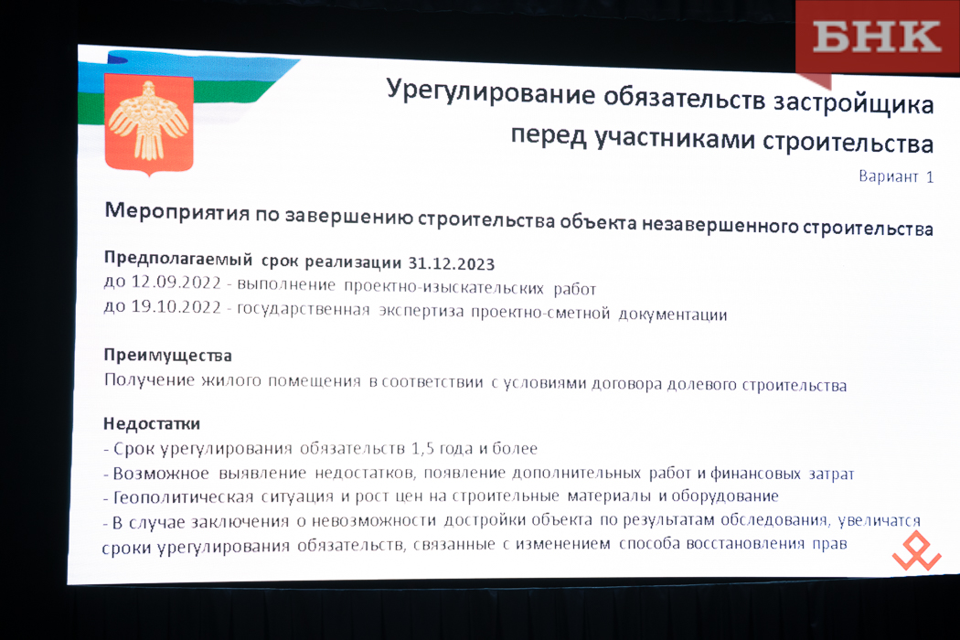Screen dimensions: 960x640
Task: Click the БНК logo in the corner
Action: (877, 37)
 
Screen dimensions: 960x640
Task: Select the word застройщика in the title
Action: (853, 104)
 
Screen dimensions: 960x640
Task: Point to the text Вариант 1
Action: (896, 177)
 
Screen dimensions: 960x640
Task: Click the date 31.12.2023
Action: (452, 263)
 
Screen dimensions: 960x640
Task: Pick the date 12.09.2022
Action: (176, 283)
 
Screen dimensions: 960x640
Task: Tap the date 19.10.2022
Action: (176, 306)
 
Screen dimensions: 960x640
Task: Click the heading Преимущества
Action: (167, 356)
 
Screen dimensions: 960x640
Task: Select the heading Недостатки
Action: (151, 423)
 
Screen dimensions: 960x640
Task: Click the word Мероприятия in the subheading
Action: (177, 212)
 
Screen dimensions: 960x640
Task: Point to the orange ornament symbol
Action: (916, 550)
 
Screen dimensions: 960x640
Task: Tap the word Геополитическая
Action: (183, 497)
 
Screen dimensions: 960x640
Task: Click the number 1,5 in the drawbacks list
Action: (423, 449)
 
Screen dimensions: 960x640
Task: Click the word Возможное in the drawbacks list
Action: (162, 474)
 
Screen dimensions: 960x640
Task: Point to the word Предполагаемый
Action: (177, 259)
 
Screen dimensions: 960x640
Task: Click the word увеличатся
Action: (880, 520)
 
